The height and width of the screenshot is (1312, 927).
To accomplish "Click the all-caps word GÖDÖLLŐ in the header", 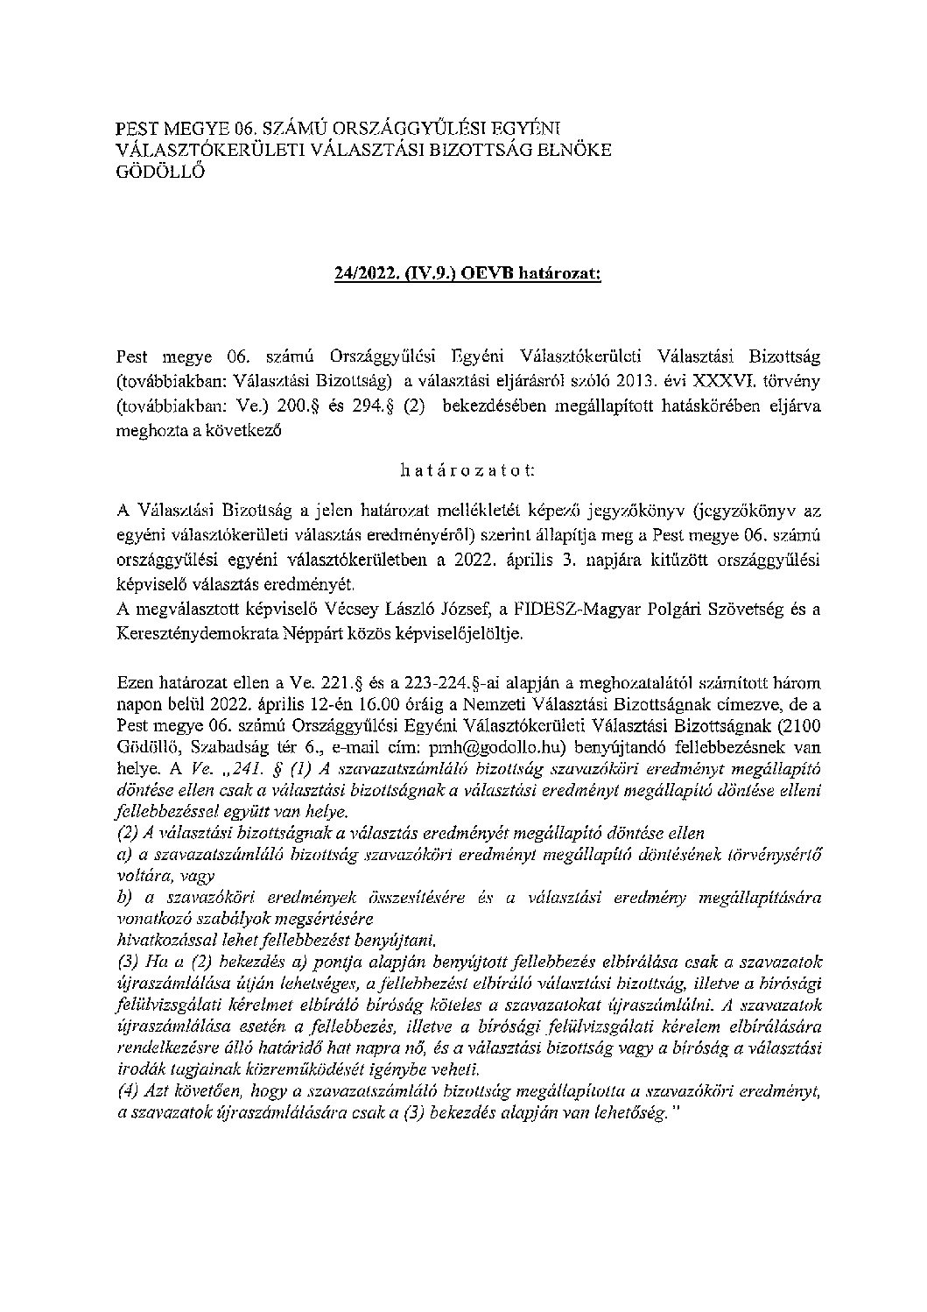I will (159, 172).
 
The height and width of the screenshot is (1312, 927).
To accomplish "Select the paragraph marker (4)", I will (128, 1092).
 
